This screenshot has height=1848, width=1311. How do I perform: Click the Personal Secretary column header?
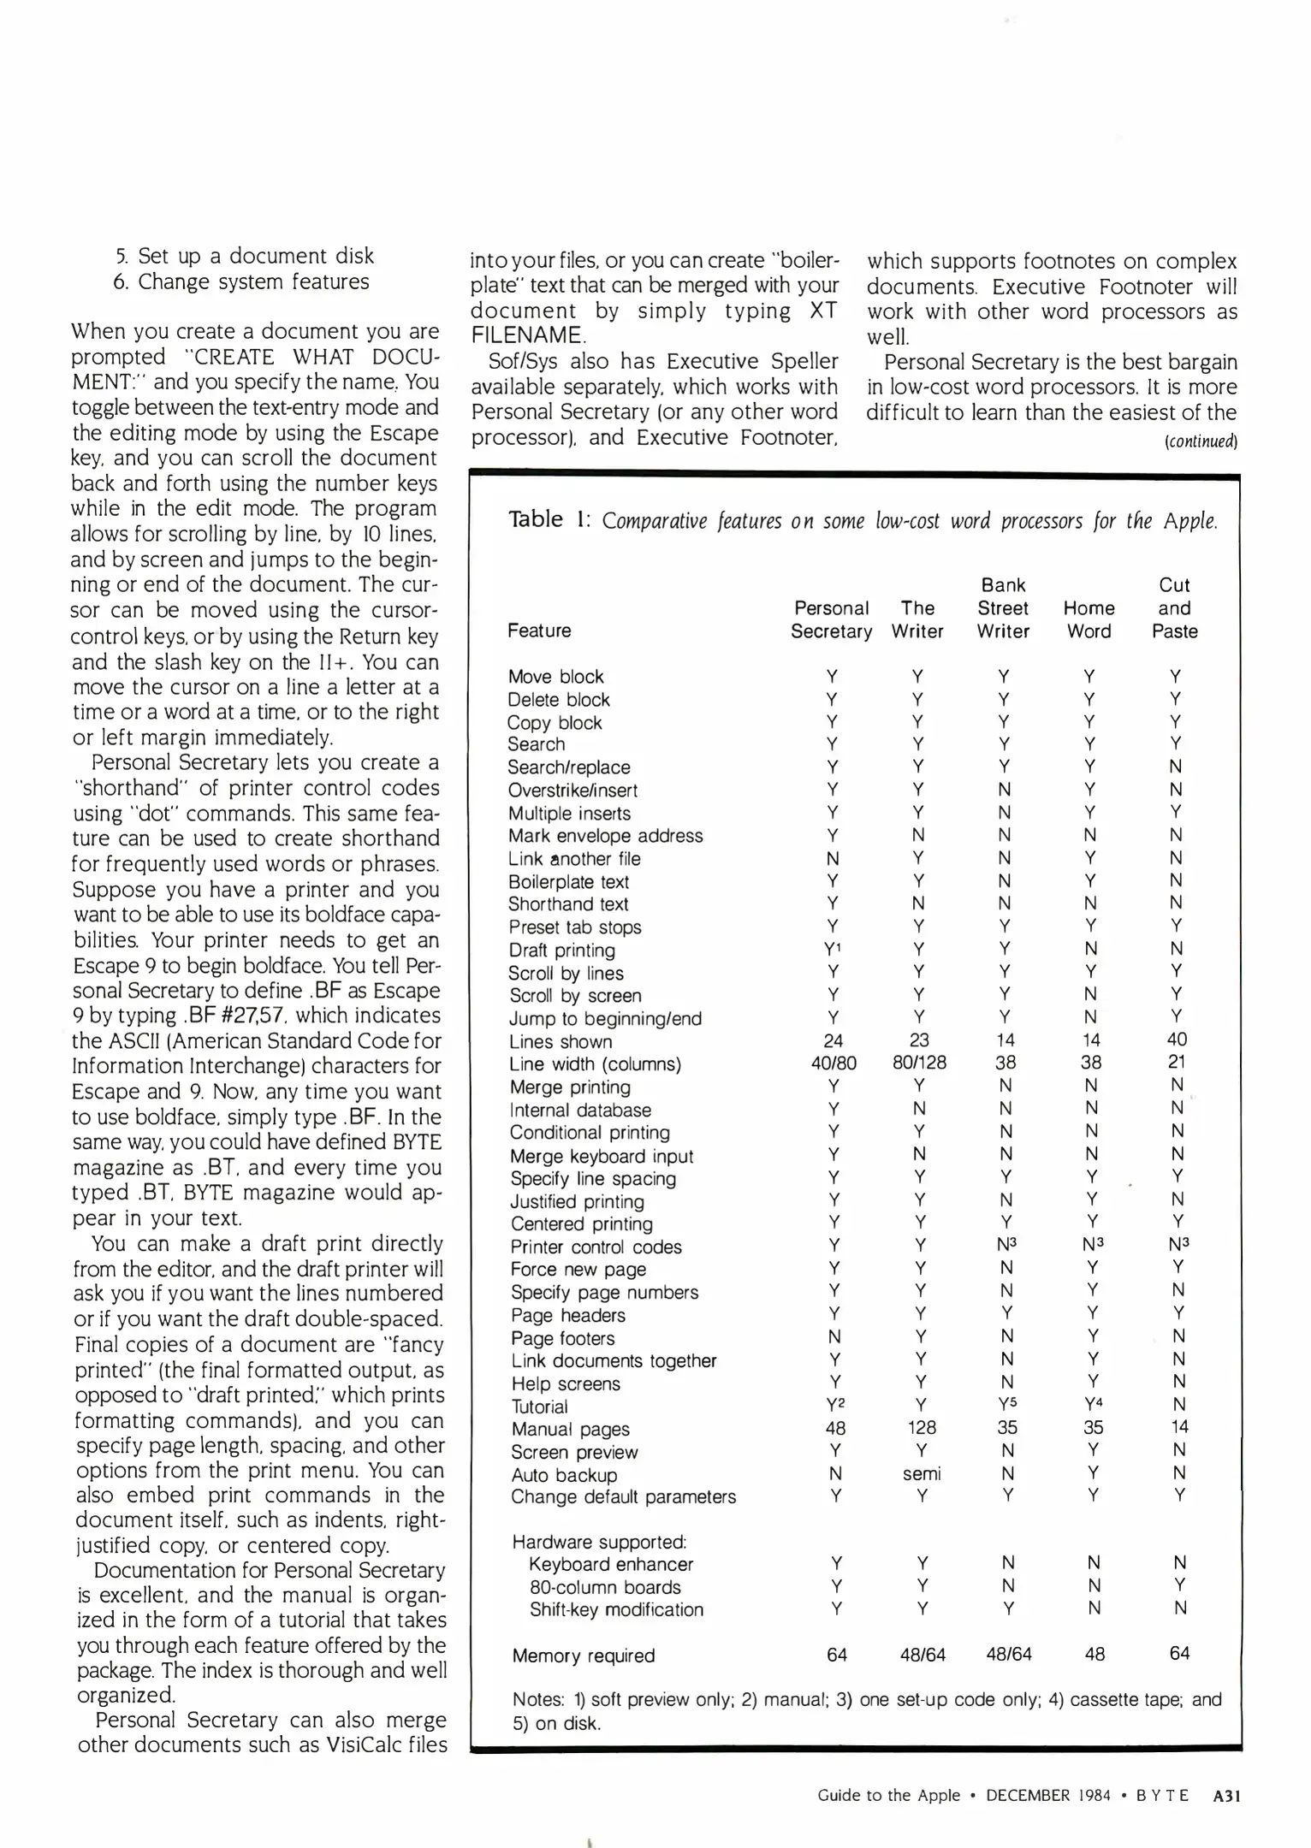831,619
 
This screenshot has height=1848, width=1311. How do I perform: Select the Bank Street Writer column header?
1003,608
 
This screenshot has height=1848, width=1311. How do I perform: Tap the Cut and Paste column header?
1174,608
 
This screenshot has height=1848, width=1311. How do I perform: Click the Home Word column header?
1089,619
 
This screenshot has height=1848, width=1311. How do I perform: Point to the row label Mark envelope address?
605,836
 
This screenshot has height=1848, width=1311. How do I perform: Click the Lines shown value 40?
1177,1039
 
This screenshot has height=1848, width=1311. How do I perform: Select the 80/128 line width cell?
919,1063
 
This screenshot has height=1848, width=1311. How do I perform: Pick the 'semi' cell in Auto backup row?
922,1473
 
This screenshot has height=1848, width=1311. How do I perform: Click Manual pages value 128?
922,1427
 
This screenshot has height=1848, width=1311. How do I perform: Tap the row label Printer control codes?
596,1247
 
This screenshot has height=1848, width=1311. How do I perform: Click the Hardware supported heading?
599,1542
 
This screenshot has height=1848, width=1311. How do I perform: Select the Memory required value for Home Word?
1094,1655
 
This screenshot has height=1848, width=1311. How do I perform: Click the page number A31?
1226,1795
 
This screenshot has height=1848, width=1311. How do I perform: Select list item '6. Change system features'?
241,281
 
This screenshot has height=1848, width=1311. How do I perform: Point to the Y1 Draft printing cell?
834,949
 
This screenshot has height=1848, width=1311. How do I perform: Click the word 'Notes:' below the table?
538,1699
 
